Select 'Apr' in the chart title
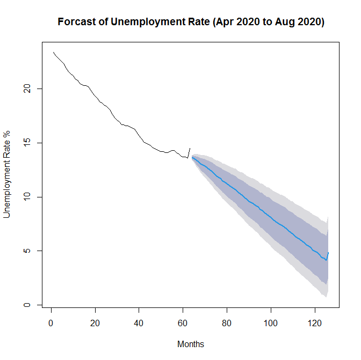click(223, 23)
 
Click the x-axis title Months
click(191, 344)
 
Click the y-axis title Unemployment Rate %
click(8, 173)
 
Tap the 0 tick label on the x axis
click(51, 324)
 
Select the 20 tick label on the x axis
click(95, 324)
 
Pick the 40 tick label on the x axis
click(139, 324)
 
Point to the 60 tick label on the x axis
click(183, 324)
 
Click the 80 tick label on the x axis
click(227, 324)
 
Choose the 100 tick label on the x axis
click(271, 324)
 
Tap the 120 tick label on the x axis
click(315, 324)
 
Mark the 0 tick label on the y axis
click(25, 305)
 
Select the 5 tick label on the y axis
click(25, 251)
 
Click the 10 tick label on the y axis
click(25, 197)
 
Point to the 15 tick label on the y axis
click(25, 143)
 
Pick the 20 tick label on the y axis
click(25, 89)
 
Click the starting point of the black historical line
click(53, 52)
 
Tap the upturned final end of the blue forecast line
click(328, 252)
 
